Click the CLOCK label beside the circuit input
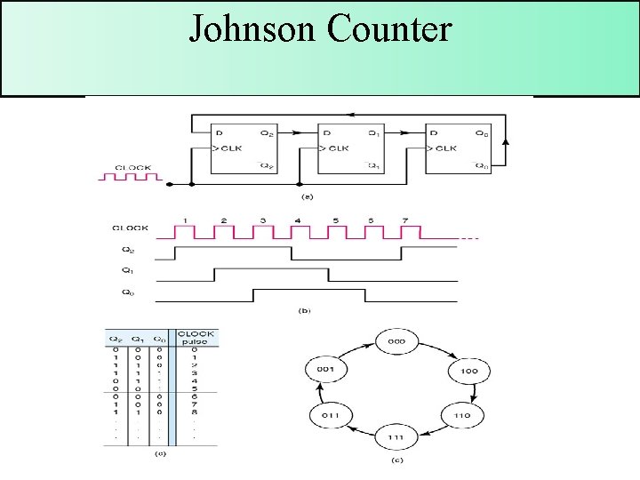(x=134, y=166)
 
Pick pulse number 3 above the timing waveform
(x=262, y=220)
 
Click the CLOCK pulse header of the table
(x=196, y=339)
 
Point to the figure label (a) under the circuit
(x=308, y=196)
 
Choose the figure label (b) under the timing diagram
(x=306, y=310)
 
